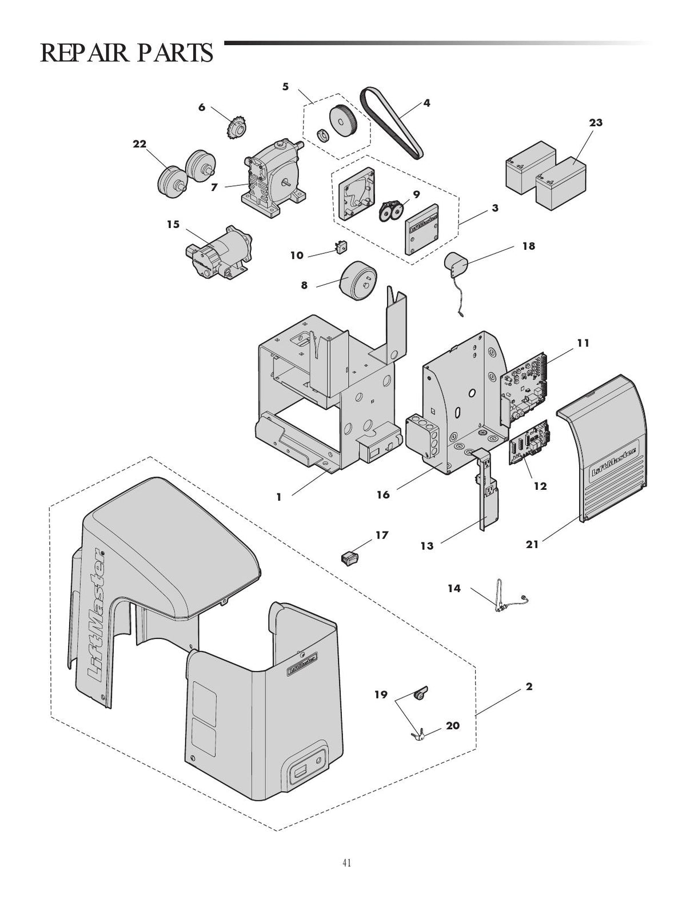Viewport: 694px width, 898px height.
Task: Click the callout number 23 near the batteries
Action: point(596,122)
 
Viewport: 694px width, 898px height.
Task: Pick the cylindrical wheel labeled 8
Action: point(357,280)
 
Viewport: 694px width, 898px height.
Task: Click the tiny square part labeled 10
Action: point(342,248)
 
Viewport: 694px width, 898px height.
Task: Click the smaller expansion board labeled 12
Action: point(529,443)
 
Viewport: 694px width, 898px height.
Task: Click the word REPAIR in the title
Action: point(86,53)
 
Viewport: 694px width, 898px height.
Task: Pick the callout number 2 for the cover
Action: point(529,687)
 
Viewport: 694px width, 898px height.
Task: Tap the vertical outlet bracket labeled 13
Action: point(486,497)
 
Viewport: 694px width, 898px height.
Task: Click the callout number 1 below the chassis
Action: point(279,497)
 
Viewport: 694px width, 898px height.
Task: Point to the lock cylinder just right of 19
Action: point(420,694)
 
